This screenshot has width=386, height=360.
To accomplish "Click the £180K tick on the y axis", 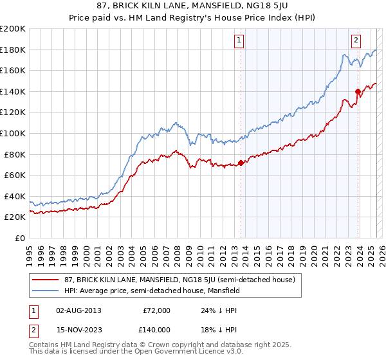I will pos(13,50).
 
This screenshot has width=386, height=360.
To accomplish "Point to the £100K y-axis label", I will pos(13,133).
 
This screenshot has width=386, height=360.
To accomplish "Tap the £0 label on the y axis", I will pos(19,238).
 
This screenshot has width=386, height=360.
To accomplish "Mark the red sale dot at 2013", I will pos(241,163).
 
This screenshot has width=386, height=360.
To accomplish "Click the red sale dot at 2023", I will pos(358,91).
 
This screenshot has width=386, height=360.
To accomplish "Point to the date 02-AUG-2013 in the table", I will pos(78,310).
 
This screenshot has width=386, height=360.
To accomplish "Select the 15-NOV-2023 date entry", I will pos(78,330).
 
